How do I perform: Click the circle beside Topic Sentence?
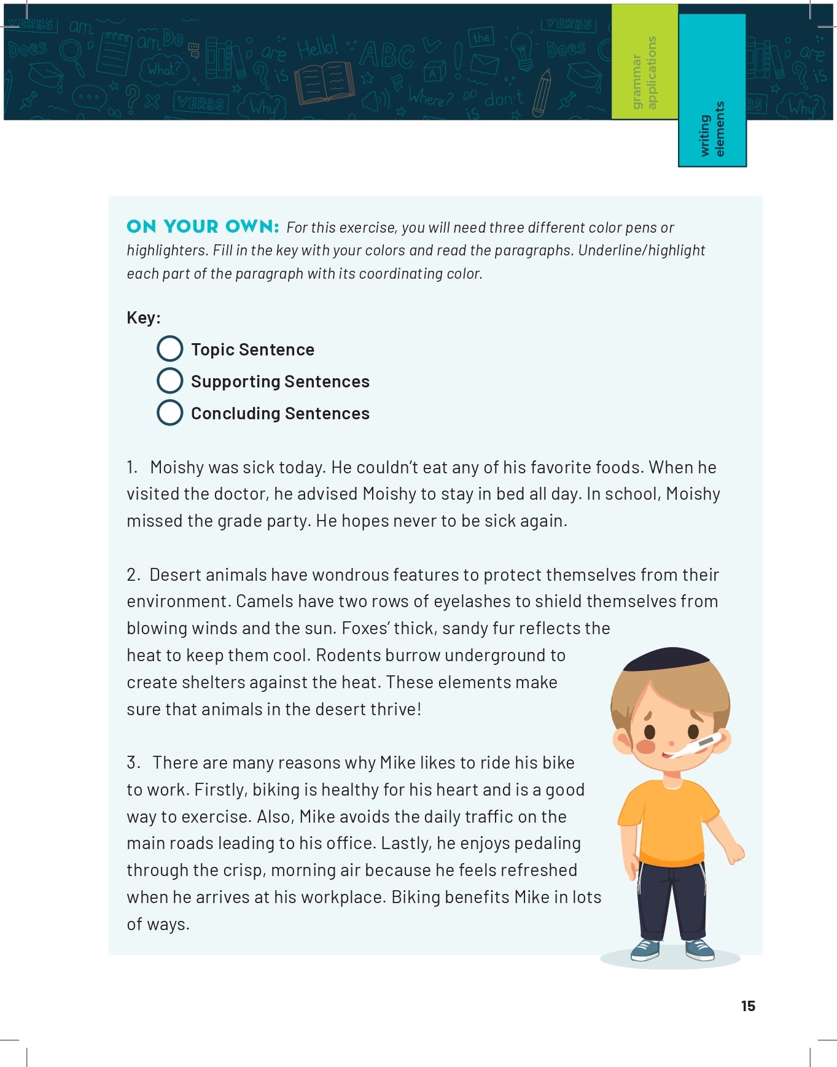[x=170, y=349]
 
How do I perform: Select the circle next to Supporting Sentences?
[x=170, y=381]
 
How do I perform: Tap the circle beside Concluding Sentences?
[x=170, y=413]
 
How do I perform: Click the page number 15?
[x=748, y=1006]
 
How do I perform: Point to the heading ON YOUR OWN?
[x=203, y=227]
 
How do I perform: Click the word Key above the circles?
[x=142, y=317]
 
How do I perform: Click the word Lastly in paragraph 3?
[x=405, y=844]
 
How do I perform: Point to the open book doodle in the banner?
[x=324, y=83]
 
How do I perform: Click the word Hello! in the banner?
[x=317, y=47]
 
